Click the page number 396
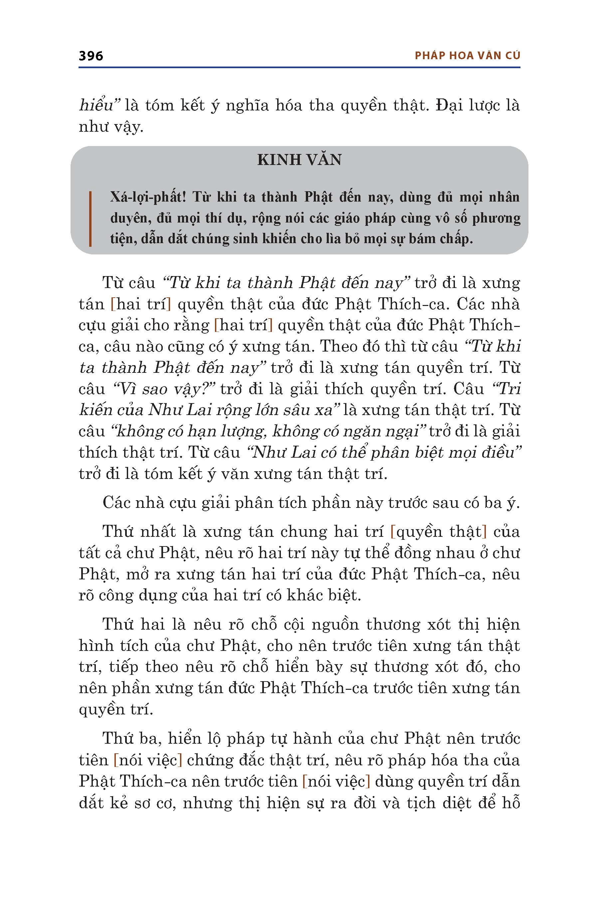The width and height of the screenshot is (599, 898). tap(91, 56)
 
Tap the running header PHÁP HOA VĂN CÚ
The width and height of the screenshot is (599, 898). tap(467, 56)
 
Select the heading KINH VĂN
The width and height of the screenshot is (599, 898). tap(299, 160)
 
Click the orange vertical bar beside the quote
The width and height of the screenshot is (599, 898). tap(90, 219)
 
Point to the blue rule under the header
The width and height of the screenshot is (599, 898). tap(299, 68)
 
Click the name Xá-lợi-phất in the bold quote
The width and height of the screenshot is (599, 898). tap(148, 197)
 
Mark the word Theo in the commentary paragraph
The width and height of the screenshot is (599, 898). tap(336, 346)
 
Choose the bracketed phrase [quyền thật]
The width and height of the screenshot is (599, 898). tap(438, 532)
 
